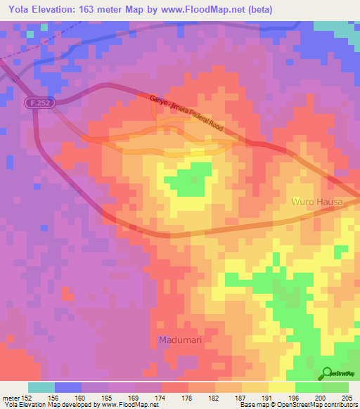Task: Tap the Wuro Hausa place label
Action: (x=316, y=202)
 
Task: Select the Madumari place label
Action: (x=174, y=341)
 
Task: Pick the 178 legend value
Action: (x=186, y=397)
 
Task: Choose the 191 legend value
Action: (x=267, y=397)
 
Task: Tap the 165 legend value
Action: (x=105, y=397)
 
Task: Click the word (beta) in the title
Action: (x=257, y=9)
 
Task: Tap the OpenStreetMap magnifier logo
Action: (x=327, y=373)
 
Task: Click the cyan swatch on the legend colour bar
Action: (x=41, y=387)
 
